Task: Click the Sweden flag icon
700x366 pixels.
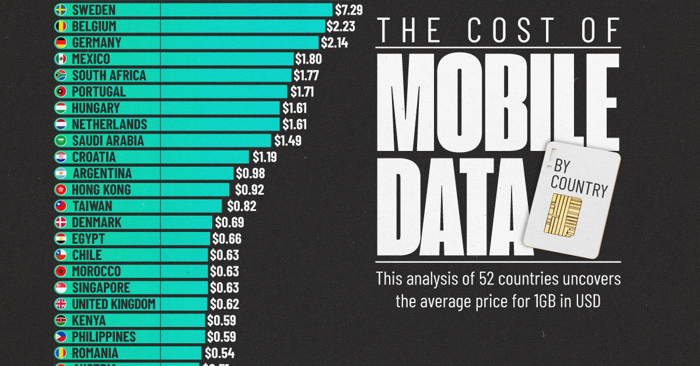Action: pyautogui.click(x=61, y=10)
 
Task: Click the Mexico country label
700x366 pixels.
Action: pyautogui.click(x=91, y=59)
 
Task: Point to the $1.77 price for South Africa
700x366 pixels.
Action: pyautogui.click(x=306, y=75)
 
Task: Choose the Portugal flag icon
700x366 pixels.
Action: pyautogui.click(x=61, y=91)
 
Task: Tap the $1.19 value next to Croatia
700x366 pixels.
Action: pyautogui.click(x=264, y=157)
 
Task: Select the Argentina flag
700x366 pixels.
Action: pyautogui.click(x=61, y=173)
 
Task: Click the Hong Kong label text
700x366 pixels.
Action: pyautogui.click(x=101, y=189)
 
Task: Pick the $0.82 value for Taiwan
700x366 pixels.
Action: pyautogui.click(x=242, y=206)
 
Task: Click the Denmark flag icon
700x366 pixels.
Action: pyautogui.click(x=61, y=222)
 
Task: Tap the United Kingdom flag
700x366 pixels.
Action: pyautogui.click(x=61, y=304)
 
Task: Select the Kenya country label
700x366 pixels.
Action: pyautogui.click(x=89, y=320)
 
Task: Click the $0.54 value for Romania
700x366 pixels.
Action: pyautogui.click(x=219, y=353)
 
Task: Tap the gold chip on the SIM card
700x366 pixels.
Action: pyautogui.click(x=563, y=214)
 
